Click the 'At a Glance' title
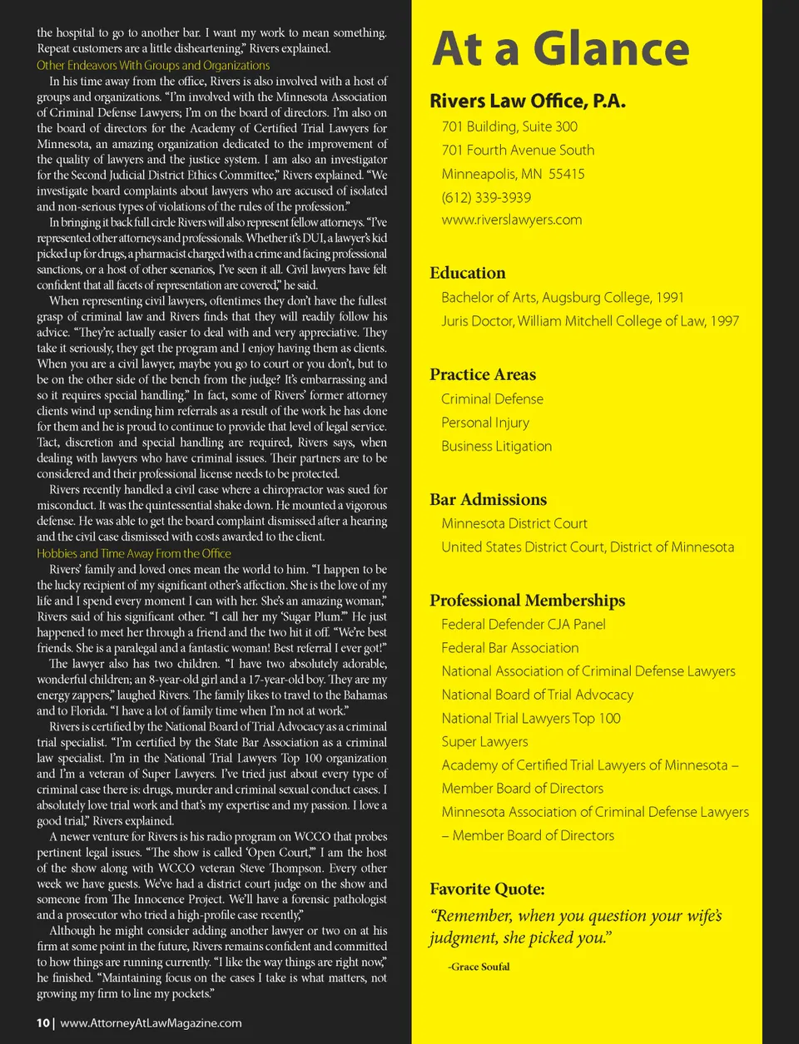pos(561,49)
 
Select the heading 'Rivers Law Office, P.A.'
pos(527,101)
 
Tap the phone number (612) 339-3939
pos(486,197)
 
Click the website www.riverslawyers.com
pos(511,220)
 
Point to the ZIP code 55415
pos(566,174)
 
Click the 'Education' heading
pos(467,273)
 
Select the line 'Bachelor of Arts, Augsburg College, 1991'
pos(562,297)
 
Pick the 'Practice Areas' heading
pos(483,374)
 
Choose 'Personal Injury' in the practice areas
pos(484,423)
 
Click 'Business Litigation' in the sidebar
pos(496,446)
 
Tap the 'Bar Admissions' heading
pos(488,499)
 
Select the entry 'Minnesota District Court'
pos(514,523)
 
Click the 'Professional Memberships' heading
pos(527,601)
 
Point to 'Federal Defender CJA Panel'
pos(523,624)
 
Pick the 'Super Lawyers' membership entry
pos(484,741)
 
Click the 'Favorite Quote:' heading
pos(487,888)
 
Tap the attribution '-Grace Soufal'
pos(479,967)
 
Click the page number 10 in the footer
pos(42,1023)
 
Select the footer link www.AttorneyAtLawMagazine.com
pos(151,1023)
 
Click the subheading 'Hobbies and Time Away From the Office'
pos(134,553)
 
